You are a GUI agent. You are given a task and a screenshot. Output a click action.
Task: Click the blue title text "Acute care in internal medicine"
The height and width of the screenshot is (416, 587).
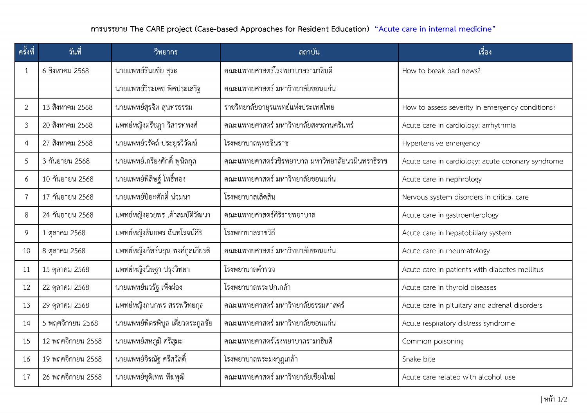[435, 29]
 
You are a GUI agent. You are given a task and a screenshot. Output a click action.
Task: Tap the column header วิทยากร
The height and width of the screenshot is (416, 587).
[166, 52]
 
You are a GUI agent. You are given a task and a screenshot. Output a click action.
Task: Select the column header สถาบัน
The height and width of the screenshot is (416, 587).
[309, 52]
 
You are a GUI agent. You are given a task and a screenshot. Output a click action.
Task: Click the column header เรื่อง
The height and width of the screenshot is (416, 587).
[485, 52]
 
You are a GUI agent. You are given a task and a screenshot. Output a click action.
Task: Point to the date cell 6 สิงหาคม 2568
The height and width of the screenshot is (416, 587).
[66, 71]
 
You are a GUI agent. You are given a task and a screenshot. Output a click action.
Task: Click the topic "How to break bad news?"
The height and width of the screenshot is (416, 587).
[441, 71]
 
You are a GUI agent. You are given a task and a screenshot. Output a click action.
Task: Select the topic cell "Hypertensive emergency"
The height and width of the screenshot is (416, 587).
[441, 144]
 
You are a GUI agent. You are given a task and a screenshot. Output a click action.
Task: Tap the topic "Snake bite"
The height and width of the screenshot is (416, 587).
[418, 359]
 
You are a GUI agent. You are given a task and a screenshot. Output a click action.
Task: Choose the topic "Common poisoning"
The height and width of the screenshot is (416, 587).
[432, 341]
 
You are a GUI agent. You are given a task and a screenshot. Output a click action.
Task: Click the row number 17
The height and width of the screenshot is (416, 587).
[27, 377]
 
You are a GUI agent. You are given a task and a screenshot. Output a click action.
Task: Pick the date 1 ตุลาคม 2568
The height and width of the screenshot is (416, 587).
[64, 233]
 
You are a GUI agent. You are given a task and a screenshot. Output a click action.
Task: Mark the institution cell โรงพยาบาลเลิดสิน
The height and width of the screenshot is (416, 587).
[250, 197]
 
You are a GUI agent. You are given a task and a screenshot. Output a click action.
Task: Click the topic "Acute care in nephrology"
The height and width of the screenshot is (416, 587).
[442, 179]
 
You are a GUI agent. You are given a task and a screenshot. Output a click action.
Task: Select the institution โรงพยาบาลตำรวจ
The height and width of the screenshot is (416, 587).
[249, 269]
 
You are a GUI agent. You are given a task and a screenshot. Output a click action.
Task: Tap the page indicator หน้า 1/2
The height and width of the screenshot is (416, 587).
[555, 400]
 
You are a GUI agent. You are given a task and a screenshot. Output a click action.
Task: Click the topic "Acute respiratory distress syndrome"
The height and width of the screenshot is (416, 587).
[458, 323]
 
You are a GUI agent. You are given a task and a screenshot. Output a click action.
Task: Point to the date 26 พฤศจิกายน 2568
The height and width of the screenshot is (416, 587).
[72, 377]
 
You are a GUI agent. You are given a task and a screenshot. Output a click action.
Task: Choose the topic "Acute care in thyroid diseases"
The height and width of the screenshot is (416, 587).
[449, 287]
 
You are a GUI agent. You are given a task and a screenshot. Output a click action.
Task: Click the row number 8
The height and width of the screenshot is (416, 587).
[27, 215]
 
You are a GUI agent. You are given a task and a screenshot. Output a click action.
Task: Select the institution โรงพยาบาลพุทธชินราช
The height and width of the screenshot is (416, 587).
[256, 144]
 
